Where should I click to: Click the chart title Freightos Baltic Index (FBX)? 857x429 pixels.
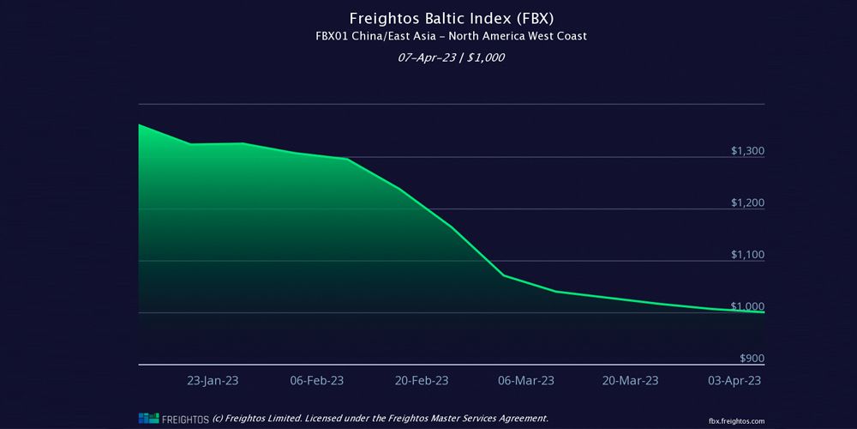(x=428, y=18)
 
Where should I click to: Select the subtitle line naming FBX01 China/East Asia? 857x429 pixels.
(x=428, y=36)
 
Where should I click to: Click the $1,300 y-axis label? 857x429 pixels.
(x=747, y=151)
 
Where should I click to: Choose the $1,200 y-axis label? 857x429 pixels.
(x=747, y=203)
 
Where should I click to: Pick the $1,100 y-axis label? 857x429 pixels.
(x=747, y=255)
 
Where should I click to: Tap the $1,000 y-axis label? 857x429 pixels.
(x=747, y=307)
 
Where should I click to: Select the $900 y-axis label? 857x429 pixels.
(x=751, y=359)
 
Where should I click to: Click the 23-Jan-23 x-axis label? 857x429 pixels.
(x=213, y=380)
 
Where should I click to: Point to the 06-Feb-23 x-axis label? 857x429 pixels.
(x=317, y=380)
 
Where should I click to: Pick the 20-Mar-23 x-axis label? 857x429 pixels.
(x=632, y=380)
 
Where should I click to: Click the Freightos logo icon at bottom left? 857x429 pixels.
(x=149, y=418)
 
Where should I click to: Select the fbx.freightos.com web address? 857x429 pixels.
(x=736, y=420)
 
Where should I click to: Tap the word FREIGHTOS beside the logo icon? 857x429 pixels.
(x=184, y=418)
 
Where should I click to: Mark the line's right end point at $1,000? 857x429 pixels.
(x=764, y=312)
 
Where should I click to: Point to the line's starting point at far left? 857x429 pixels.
(x=139, y=125)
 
